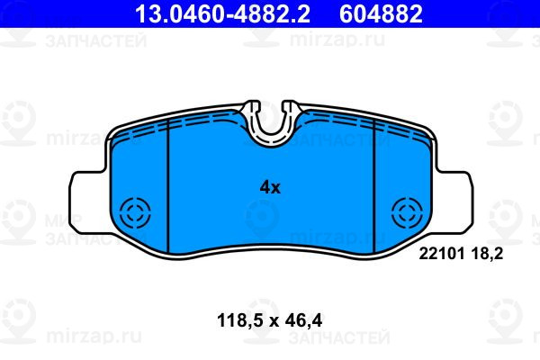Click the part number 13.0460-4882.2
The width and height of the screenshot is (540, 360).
[222, 13]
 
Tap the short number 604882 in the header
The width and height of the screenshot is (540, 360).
[381, 13]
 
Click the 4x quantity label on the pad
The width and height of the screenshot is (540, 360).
[270, 188]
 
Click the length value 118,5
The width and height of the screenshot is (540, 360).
[239, 320]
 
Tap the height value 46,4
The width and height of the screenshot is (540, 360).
[303, 320]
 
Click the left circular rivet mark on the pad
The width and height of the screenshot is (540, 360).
[135, 212]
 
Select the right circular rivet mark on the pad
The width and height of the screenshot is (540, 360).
[407, 212]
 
